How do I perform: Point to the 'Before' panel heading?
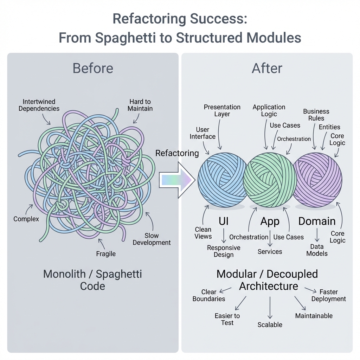[93, 68]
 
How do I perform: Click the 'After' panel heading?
[267, 68]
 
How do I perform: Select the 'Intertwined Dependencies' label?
[39, 105]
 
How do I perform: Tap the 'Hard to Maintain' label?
[140, 105]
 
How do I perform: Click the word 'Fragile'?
[106, 253]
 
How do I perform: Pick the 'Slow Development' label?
[152, 239]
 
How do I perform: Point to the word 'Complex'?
[26, 219]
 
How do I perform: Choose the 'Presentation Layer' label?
[222, 110]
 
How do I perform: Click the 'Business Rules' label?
[316, 115]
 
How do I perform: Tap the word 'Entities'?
[329, 127]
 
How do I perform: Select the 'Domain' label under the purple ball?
[317, 221]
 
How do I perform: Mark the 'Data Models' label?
[317, 250]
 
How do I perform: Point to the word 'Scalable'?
[270, 325]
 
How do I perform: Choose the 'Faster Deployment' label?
[329, 295]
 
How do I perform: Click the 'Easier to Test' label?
[227, 319]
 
